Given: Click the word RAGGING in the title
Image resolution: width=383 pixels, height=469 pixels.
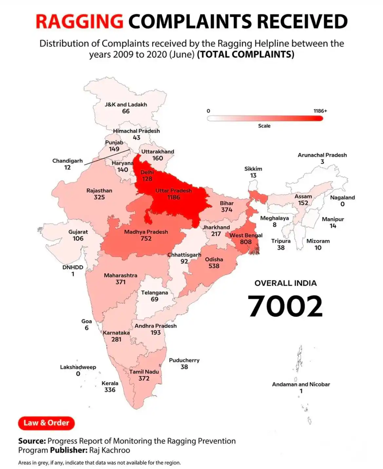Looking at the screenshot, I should [79, 21].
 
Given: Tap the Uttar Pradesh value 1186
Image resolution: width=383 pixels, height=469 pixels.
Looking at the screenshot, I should [173, 197].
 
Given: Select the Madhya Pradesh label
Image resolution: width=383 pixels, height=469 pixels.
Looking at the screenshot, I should [146, 232].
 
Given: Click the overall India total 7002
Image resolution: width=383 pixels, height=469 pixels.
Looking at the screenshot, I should [285, 306].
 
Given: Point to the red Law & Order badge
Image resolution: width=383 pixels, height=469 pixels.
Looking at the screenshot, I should [46, 423].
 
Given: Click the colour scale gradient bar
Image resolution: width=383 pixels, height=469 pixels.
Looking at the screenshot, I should [265, 118].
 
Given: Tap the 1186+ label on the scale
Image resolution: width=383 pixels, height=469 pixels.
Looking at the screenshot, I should [320, 111].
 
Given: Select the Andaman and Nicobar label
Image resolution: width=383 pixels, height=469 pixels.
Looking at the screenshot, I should [301, 384].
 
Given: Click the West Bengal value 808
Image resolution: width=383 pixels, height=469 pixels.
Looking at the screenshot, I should [246, 242].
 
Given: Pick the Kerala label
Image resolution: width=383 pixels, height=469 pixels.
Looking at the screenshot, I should [110, 383].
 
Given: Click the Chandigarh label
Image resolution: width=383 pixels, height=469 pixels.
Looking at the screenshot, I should [67, 161].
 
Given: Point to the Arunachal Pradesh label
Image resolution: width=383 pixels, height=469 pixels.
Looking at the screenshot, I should [322, 155].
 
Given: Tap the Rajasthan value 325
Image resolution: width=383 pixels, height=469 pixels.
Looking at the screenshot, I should [99, 197].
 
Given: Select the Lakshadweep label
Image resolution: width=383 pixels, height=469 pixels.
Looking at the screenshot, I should [78, 367].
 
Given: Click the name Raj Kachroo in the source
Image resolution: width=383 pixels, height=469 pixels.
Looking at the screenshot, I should [109, 450].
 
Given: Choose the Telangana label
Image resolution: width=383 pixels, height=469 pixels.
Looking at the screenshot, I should [154, 293].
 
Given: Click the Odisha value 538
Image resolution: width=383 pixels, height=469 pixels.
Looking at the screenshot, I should [214, 266].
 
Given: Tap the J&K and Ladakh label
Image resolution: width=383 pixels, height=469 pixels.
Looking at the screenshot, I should [126, 105].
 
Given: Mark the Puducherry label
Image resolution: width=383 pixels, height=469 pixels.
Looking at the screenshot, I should [184, 360].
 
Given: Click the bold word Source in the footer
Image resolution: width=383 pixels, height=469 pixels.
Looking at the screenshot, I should [32, 441].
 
